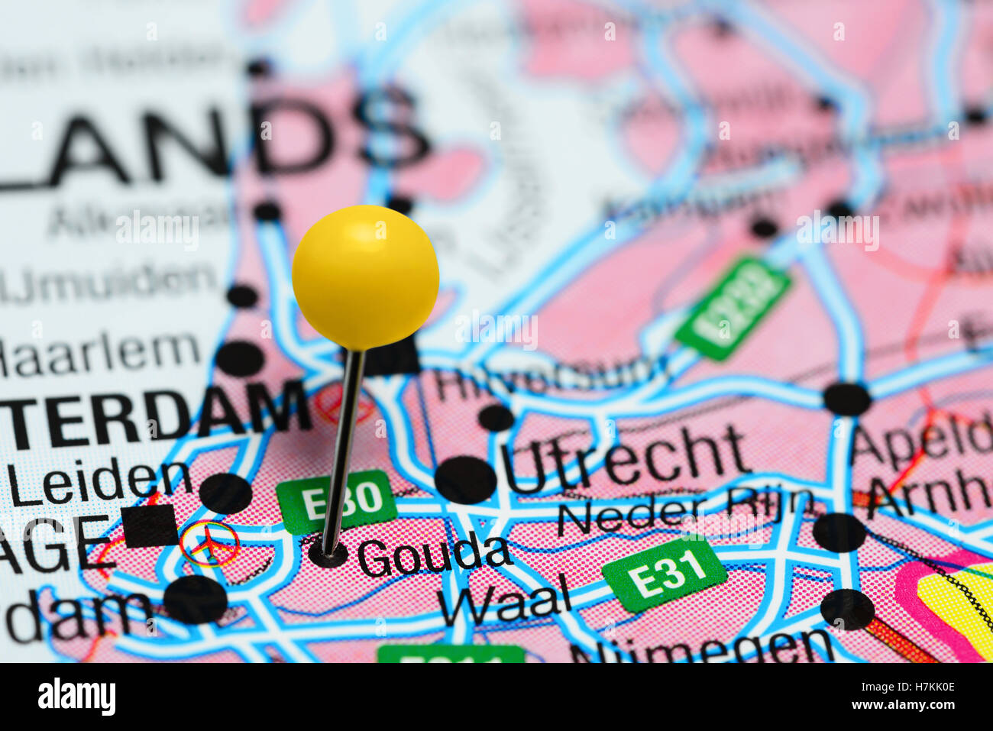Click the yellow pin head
click(365, 277)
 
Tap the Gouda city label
click(434, 556)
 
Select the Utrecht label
click(623, 458)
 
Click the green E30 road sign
click(337, 501)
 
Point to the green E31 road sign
click(664, 573)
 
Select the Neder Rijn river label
click(684, 510)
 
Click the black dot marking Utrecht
click(465, 480)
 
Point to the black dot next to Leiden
click(225, 493)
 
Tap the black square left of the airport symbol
click(150, 526)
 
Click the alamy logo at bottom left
click(76, 696)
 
